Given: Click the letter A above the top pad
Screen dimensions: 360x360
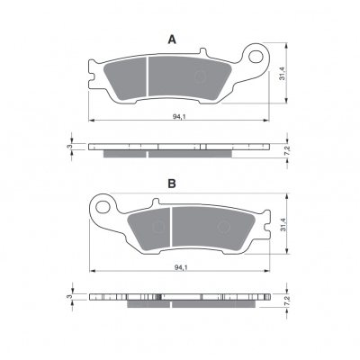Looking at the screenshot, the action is coord(172,40).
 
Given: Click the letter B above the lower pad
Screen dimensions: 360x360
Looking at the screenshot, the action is coord(172,184).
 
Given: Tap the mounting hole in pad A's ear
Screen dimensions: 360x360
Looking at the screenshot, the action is coord(256,57).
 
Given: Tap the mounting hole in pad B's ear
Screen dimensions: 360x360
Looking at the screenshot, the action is coord(103,207).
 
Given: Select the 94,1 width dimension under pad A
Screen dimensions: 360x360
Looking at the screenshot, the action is coord(179,117).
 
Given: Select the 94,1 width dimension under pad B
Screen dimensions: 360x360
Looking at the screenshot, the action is coord(181,267).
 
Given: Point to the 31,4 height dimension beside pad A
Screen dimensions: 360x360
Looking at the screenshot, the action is coord(282,73).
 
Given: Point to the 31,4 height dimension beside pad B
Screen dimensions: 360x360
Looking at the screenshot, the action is coord(282,224).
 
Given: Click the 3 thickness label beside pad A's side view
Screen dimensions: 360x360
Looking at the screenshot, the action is coord(68,147).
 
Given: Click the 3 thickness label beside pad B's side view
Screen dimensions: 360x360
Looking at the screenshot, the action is coord(68,296).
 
